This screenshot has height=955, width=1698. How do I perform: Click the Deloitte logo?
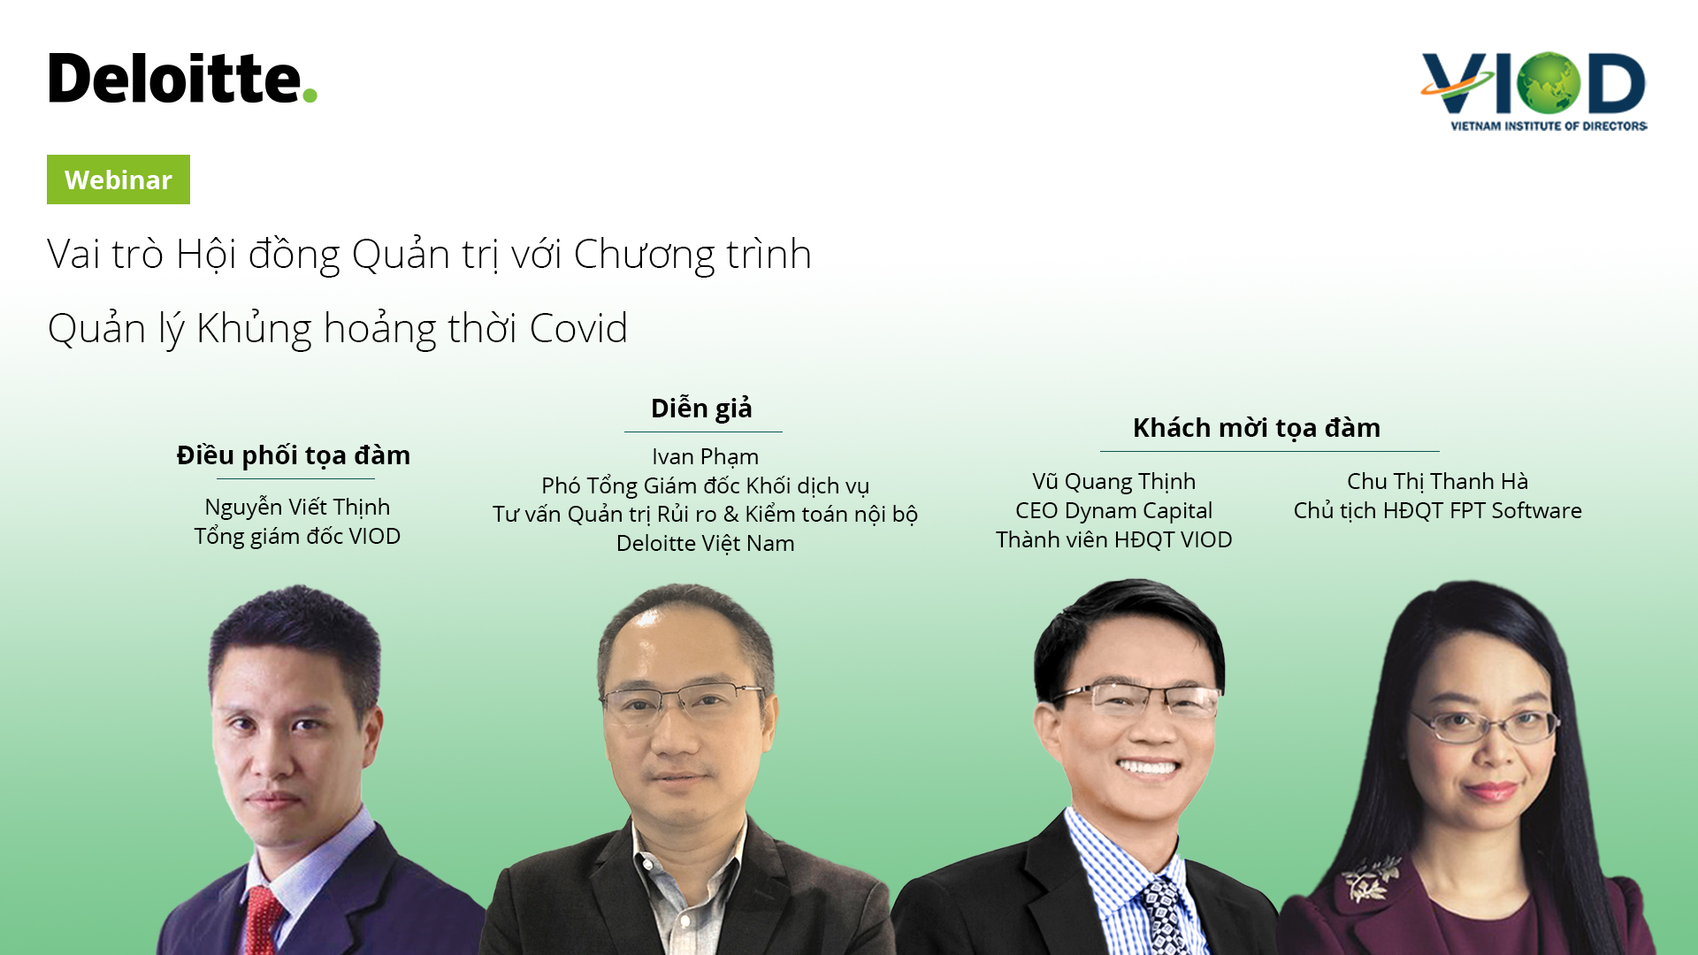coord(182,78)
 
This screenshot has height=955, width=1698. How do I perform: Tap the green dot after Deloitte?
coord(309,95)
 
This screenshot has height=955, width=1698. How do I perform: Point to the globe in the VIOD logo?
coord(1548,83)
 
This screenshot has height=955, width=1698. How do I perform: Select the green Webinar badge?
coord(119,180)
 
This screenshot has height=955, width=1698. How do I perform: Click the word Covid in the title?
coord(578,328)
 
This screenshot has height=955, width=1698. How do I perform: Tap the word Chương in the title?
coord(645,255)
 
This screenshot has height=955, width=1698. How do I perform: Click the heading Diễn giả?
coord(701,408)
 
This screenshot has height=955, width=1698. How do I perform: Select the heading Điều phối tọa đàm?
coord(294,455)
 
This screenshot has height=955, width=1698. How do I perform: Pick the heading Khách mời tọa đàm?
coord(1257,428)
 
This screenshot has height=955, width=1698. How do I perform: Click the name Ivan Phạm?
coord(705,457)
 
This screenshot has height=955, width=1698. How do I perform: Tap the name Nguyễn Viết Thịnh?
coord(297,508)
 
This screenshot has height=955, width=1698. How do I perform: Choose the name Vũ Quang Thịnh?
coord(1114,482)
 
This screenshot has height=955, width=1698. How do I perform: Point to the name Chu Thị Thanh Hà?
coord(1437,482)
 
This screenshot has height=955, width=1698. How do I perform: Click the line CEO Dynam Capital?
coord(1114,511)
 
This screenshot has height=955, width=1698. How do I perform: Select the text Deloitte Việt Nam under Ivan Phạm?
coord(705,543)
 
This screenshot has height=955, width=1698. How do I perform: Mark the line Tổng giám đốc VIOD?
coord(297,537)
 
